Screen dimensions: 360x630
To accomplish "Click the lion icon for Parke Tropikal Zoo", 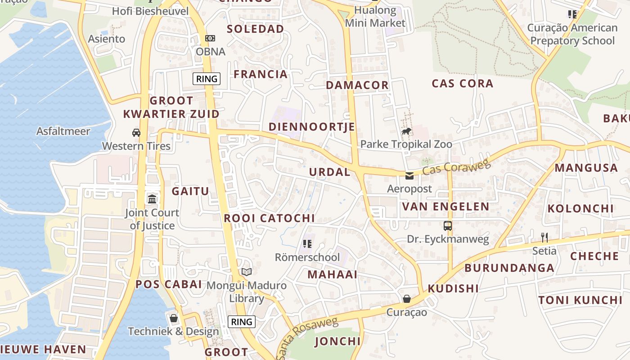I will coord(406,131).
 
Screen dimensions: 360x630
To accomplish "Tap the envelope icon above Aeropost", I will coord(409,175).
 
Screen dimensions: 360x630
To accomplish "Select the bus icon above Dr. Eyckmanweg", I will coord(447,226).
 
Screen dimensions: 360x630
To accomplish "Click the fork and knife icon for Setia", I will coord(544,237).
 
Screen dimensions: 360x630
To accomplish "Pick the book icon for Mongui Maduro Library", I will coord(246,272).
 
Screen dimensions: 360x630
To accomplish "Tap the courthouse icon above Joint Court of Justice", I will coord(152,199).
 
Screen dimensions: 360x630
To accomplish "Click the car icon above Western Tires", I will coord(136,133).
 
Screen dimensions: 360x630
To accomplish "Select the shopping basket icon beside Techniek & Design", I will coord(174,318).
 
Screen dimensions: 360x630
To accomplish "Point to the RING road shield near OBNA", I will coord(207,79).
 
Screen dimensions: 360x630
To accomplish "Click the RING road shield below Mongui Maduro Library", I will coord(242,322).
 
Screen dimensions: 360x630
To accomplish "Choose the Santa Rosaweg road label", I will coord(307,337).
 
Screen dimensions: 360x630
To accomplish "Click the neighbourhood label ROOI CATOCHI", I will coord(269,218).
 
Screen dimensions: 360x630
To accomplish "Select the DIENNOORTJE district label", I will coord(312,127).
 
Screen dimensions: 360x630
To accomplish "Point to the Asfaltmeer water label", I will coord(63,131).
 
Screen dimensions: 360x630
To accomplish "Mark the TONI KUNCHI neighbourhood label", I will coord(580,300).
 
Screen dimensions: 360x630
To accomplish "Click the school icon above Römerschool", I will coord(307,244).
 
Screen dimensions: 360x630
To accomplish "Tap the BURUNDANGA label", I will coord(509,268).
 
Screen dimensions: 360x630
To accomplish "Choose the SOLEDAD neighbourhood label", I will coord(255,29).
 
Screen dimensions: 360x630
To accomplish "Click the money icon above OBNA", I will coord(210,38).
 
